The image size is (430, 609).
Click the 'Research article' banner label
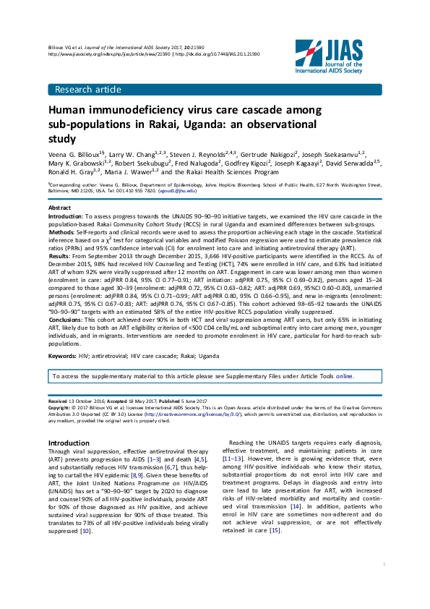(85, 90)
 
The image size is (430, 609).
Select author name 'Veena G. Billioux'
(74, 155)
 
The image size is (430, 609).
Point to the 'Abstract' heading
(59, 208)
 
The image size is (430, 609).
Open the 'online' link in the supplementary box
(344, 377)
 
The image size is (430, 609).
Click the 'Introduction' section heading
(69, 442)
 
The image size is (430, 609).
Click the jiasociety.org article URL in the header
(108, 54)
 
